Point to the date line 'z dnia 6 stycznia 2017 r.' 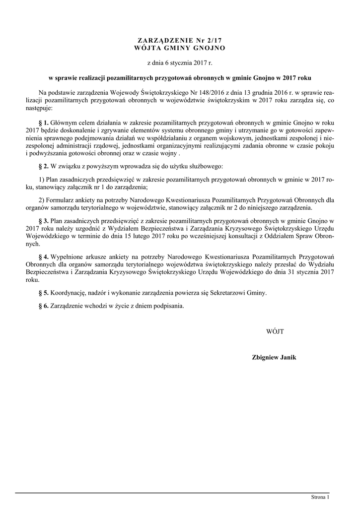(180, 63)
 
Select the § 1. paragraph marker (43, 122)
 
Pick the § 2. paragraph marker (43, 165)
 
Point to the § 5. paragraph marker (43, 293)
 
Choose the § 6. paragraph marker (43, 306)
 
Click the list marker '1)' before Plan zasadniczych (42, 179)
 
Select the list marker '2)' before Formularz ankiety (42, 200)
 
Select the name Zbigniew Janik (274, 357)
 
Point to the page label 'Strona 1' (320, 497)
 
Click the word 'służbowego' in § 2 (209, 165)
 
